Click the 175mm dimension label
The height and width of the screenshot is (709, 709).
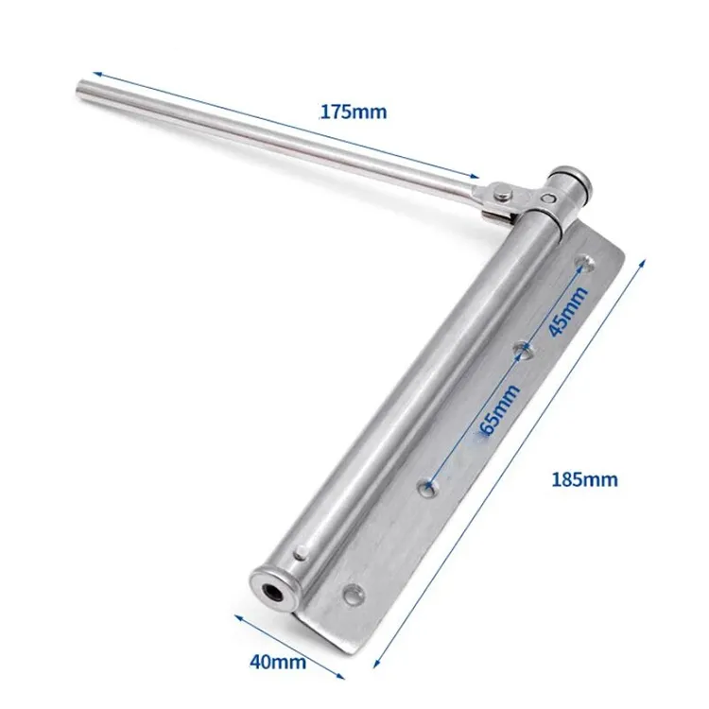pyautogui.click(x=353, y=112)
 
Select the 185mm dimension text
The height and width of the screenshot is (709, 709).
pyautogui.click(x=584, y=479)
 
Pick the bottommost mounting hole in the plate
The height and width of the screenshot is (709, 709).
pyautogui.click(x=354, y=596)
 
